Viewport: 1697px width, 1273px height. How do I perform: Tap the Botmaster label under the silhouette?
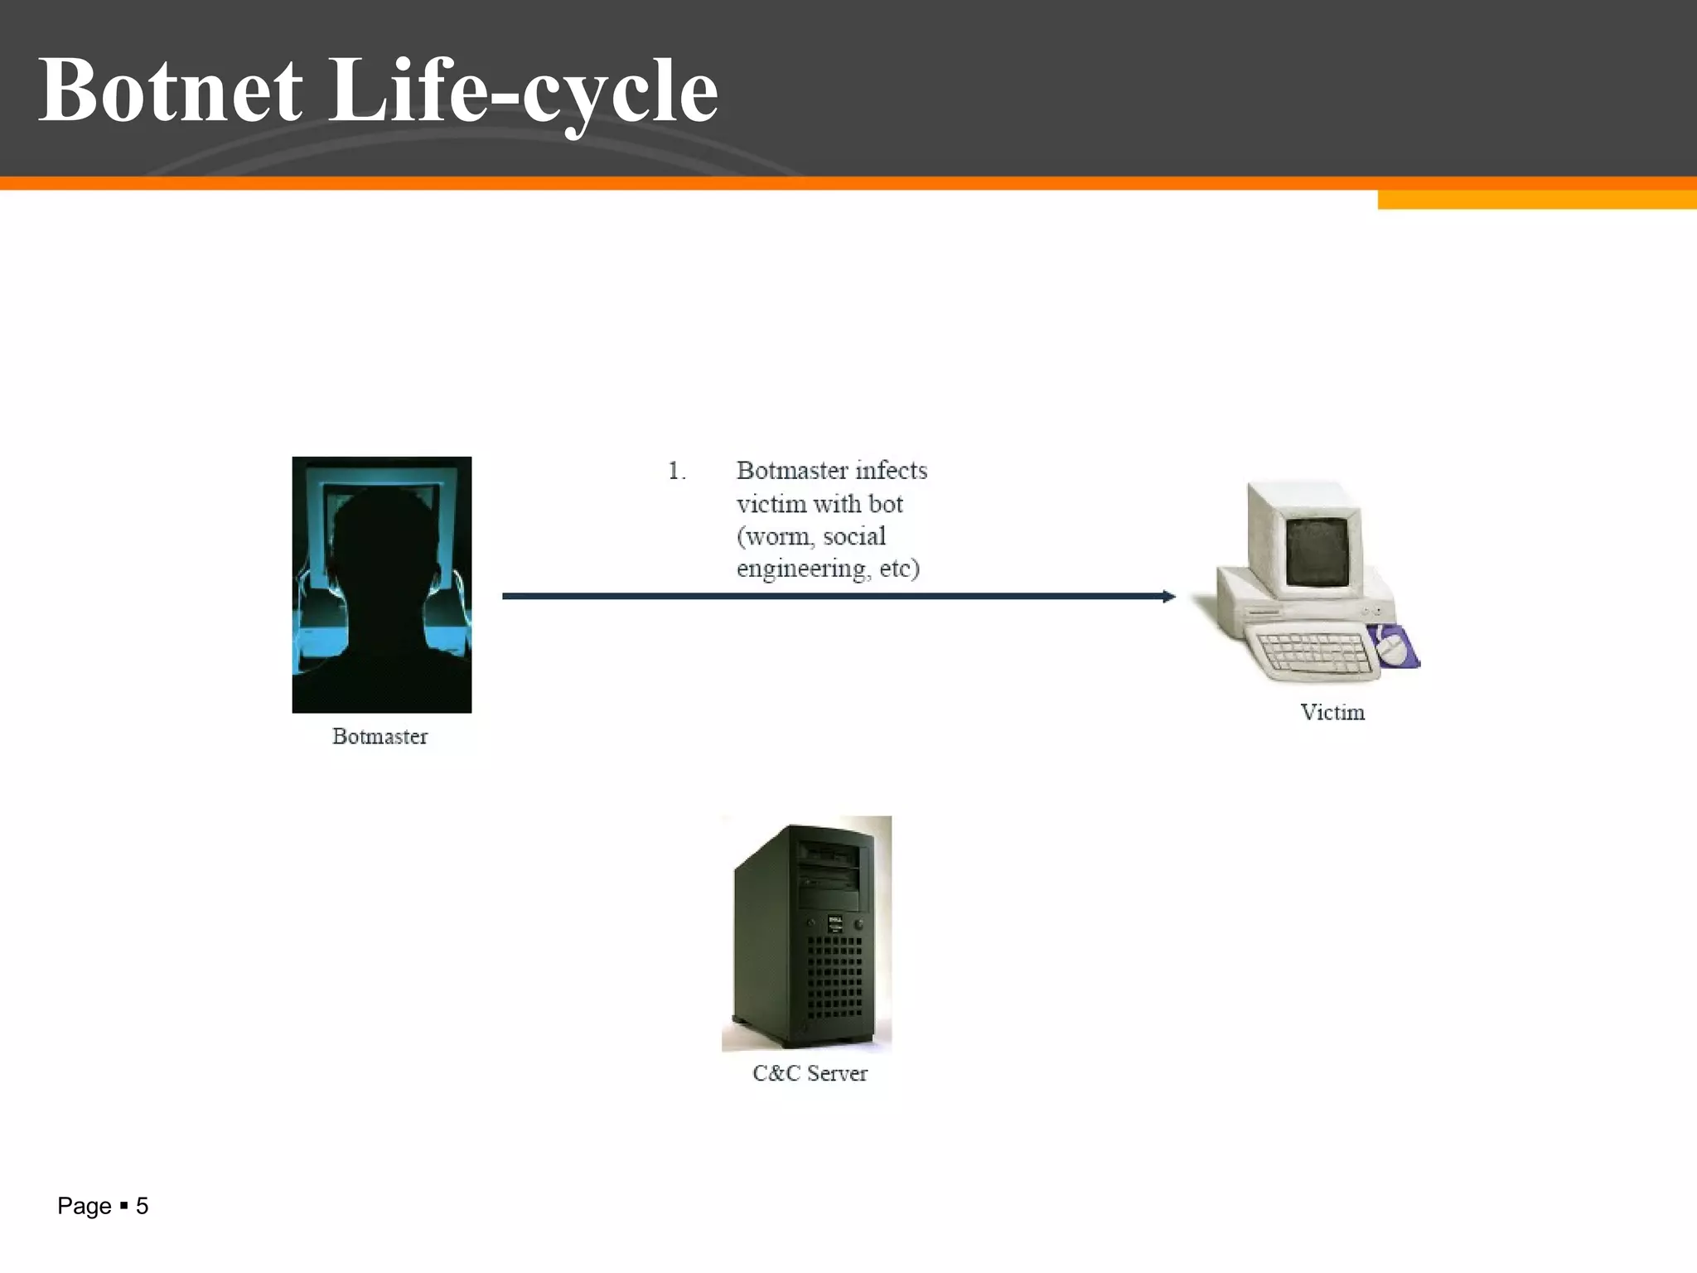pyautogui.click(x=380, y=736)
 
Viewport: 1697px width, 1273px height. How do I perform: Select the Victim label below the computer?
pyautogui.click(x=1332, y=712)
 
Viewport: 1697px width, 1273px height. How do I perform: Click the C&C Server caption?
pyautogui.click(x=810, y=1073)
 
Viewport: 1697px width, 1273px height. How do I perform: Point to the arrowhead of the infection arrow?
pyautogui.click(x=1168, y=596)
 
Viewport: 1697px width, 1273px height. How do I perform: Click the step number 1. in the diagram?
pyautogui.click(x=676, y=471)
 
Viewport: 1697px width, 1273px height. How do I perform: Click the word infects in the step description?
pyautogui.click(x=891, y=470)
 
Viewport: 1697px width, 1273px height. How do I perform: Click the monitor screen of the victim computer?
pyautogui.click(x=1317, y=551)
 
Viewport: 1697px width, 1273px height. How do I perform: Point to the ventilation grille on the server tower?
pyautogui.click(x=834, y=978)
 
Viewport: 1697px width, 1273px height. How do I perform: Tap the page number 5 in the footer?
pyautogui.click(x=142, y=1206)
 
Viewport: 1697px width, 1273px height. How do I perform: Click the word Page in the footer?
pyautogui.click(x=84, y=1206)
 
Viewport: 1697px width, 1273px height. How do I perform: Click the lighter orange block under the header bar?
pyautogui.click(x=1536, y=200)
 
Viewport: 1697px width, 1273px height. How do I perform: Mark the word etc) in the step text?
pyautogui.click(x=899, y=569)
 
